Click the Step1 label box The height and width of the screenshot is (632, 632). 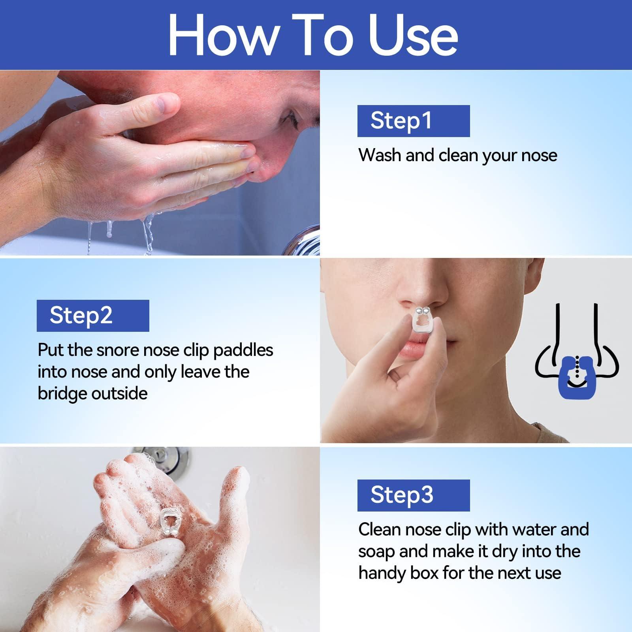[x=413, y=121]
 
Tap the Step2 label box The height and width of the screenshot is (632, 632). [x=93, y=316]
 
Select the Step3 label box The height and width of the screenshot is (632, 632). [x=413, y=495]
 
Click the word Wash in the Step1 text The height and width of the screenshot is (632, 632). [x=380, y=155]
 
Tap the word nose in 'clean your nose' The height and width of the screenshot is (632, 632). [x=539, y=155]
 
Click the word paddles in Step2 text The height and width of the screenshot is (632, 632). [x=243, y=350]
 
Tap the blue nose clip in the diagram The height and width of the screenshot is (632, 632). [x=577, y=377]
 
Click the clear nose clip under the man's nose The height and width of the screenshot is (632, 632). [x=422, y=321]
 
